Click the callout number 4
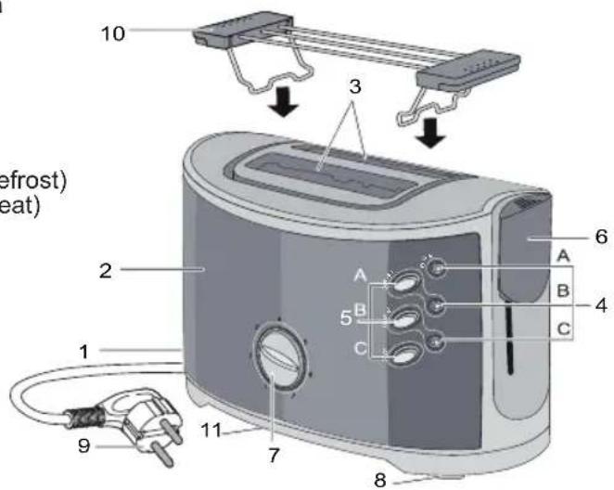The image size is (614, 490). (603, 303)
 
